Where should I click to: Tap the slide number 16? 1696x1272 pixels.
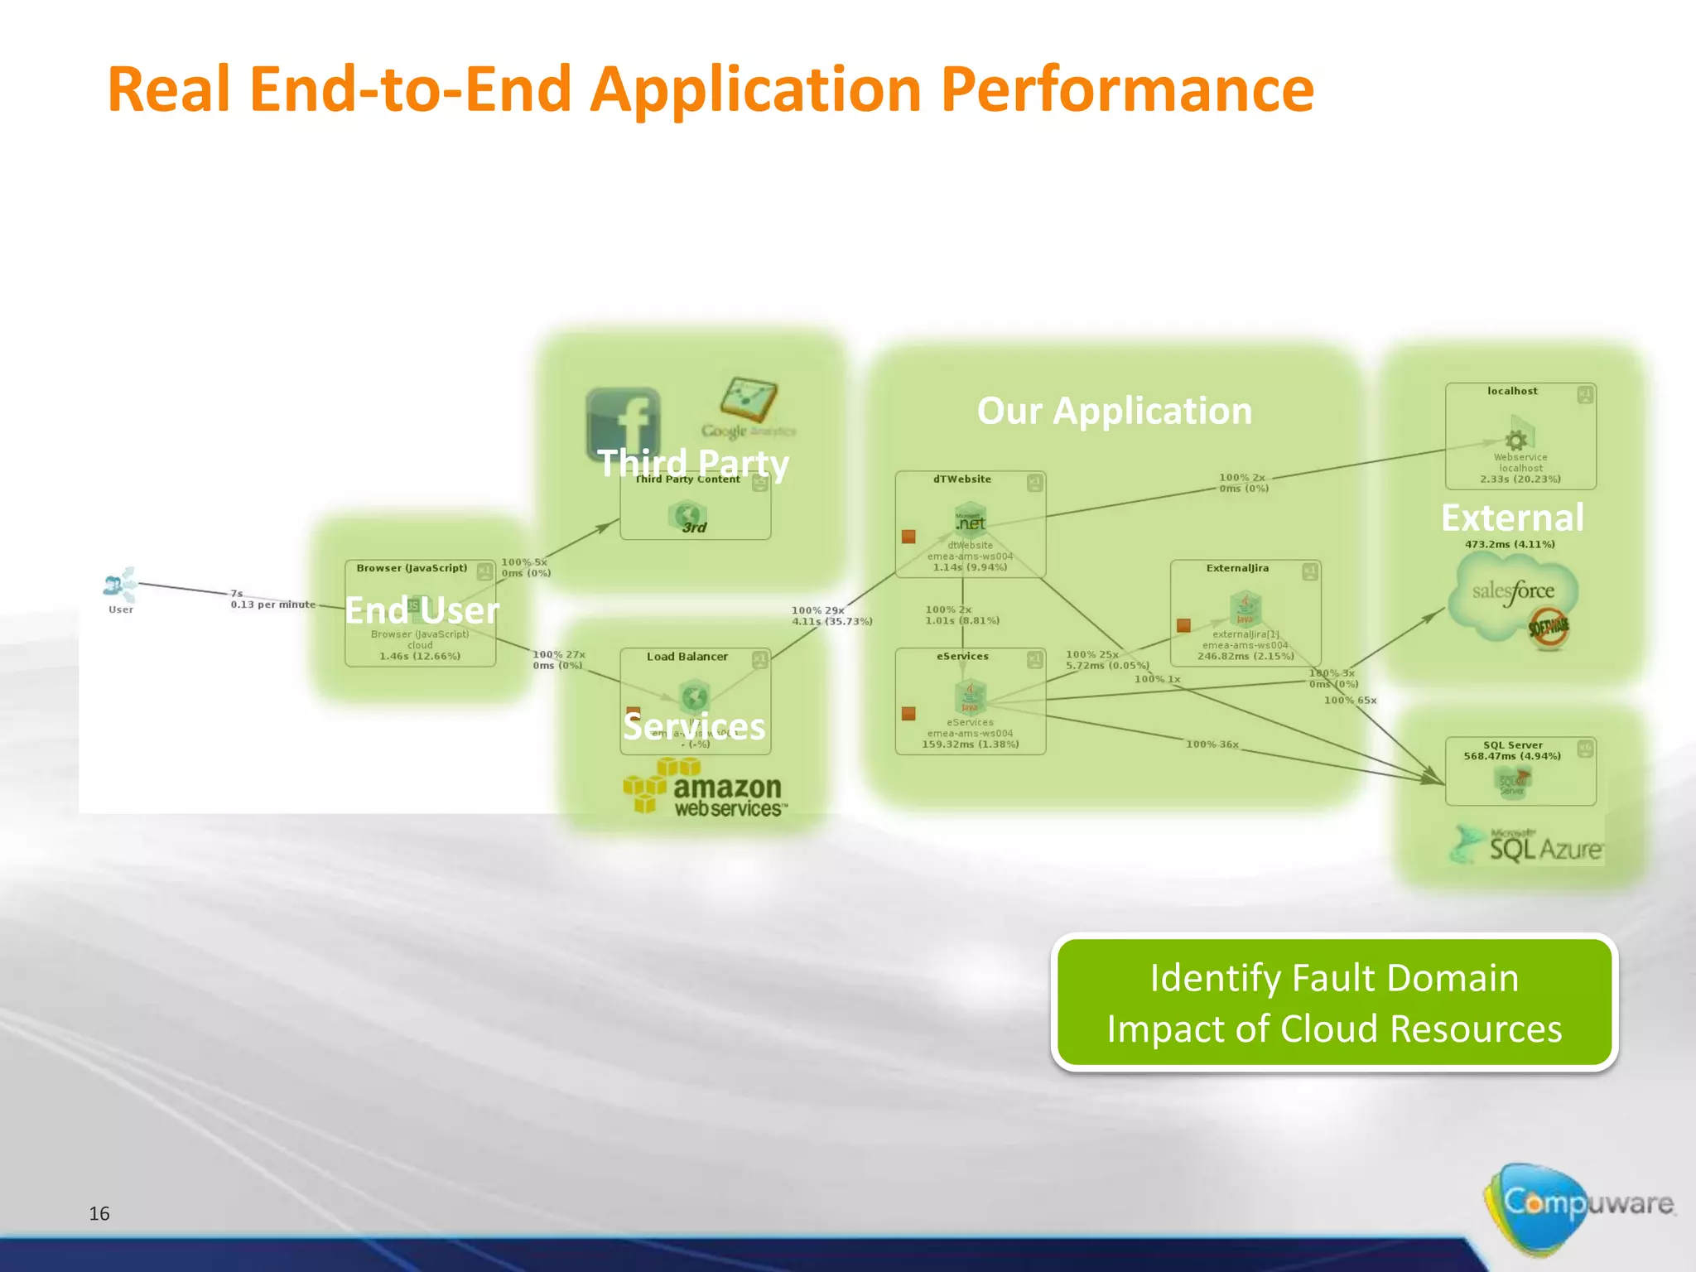click(99, 1213)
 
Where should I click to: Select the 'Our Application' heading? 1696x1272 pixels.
click(1114, 411)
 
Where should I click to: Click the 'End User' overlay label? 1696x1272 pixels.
click(422, 610)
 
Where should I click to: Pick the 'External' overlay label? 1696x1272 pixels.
click(1512, 518)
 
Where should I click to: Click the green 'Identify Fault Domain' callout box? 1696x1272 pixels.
click(1334, 1002)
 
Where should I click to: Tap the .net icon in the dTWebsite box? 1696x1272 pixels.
click(970, 520)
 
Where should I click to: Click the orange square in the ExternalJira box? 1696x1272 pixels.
click(1183, 625)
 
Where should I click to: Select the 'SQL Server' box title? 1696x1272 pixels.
click(1512, 745)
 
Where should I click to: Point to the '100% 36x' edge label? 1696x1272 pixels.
click(1212, 744)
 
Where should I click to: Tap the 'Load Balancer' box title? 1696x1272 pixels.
click(687, 657)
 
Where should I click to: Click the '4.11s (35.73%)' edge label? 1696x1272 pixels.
click(831, 621)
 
